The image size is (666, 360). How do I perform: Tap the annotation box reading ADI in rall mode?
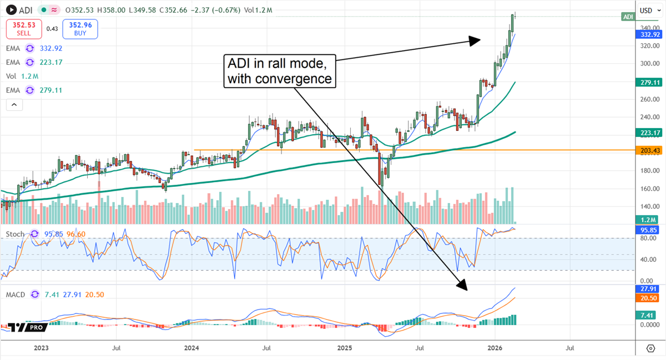coord(280,70)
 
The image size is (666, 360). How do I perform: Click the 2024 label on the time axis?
coord(191,348)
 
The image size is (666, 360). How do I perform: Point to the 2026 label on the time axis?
coord(495,348)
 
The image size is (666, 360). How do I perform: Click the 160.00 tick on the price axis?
coord(648,189)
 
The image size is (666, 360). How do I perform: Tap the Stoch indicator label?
coord(15,234)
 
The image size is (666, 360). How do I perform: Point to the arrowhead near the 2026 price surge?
coord(475,40)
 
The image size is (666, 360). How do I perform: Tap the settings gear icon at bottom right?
coord(650,348)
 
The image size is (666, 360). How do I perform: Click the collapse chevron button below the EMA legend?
coord(14,104)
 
